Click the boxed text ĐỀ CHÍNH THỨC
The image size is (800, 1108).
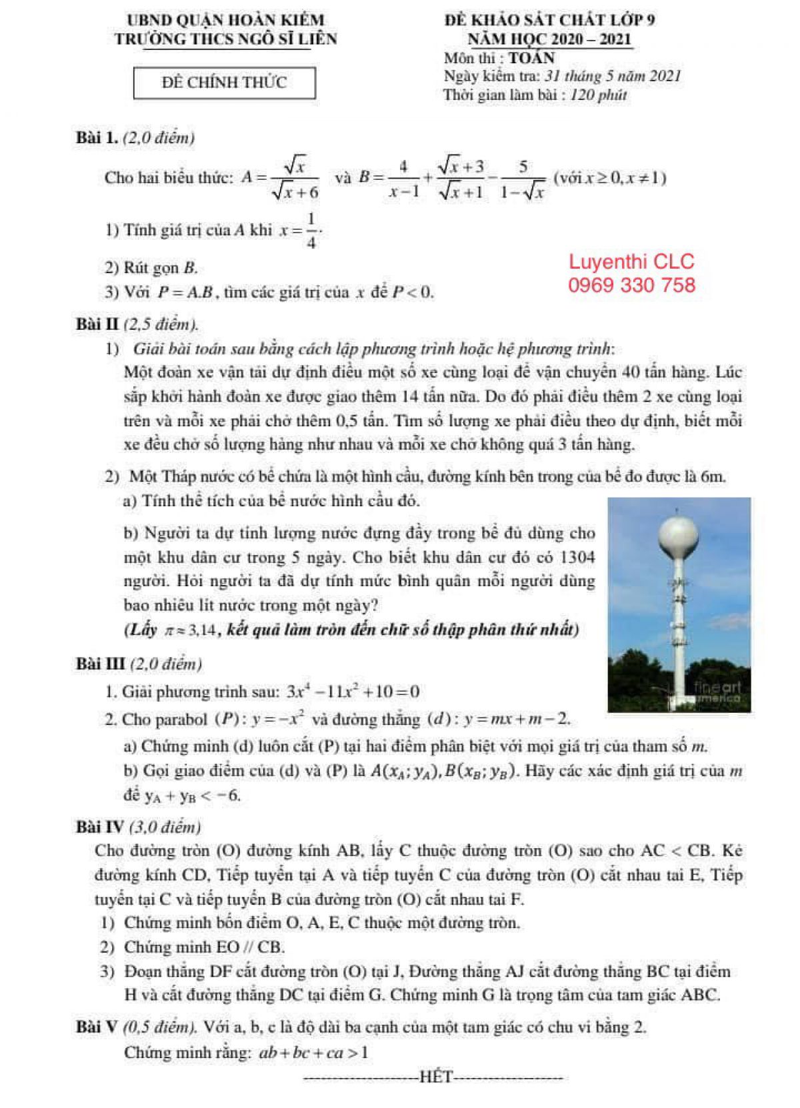point(224,83)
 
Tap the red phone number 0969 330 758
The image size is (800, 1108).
point(631,285)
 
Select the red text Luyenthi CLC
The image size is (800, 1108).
point(631,262)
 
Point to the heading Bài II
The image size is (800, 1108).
point(97,324)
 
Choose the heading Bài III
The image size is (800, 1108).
point(101,664)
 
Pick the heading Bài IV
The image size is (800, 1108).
point(100,827)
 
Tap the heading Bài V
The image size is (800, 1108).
point(97,1027)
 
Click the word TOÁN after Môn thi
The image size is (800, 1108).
point(531,57)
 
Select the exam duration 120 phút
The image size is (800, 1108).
point(599,95)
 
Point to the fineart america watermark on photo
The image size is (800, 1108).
point(716,692)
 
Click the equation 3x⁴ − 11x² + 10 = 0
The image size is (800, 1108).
point(353,691)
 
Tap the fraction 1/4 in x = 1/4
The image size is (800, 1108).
point(311,231)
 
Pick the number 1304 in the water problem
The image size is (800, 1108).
point(577,556)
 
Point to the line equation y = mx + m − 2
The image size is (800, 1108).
point(517,719)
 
